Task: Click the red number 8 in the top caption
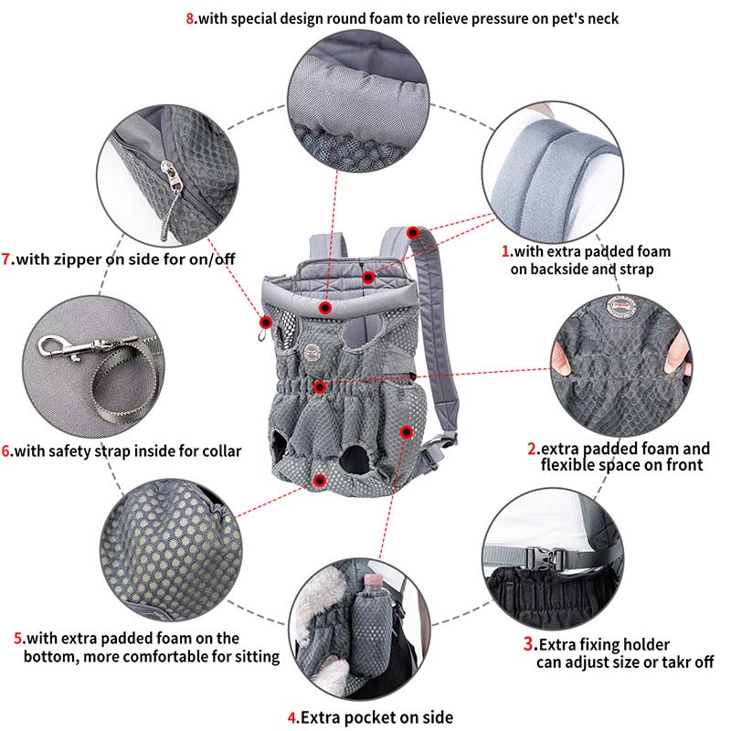click(190, 18)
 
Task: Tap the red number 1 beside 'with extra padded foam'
click(505, 251)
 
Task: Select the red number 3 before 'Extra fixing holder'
click(528, 644)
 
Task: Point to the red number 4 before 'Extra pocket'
click(291, 717)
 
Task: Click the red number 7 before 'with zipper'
click(5, 259)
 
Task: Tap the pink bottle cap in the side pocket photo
click(373, 580)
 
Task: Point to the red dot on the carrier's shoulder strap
click(413, 233)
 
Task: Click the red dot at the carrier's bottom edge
click(319, 481)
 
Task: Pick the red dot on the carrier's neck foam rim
click(325, 308)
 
